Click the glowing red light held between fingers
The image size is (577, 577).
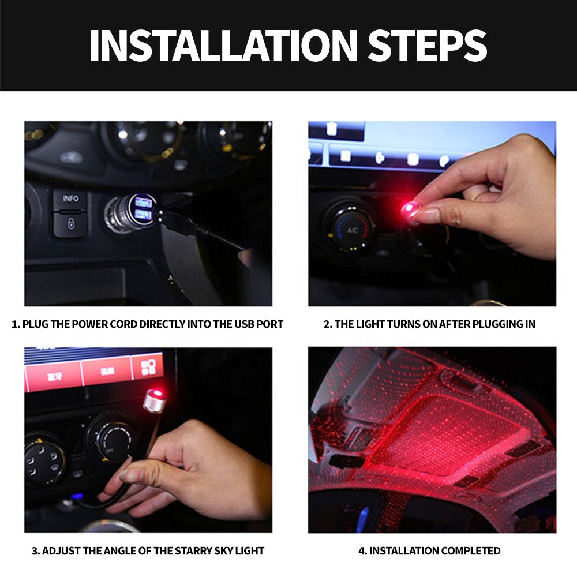tap(411, 208)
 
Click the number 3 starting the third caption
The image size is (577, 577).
tap(35, 550)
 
